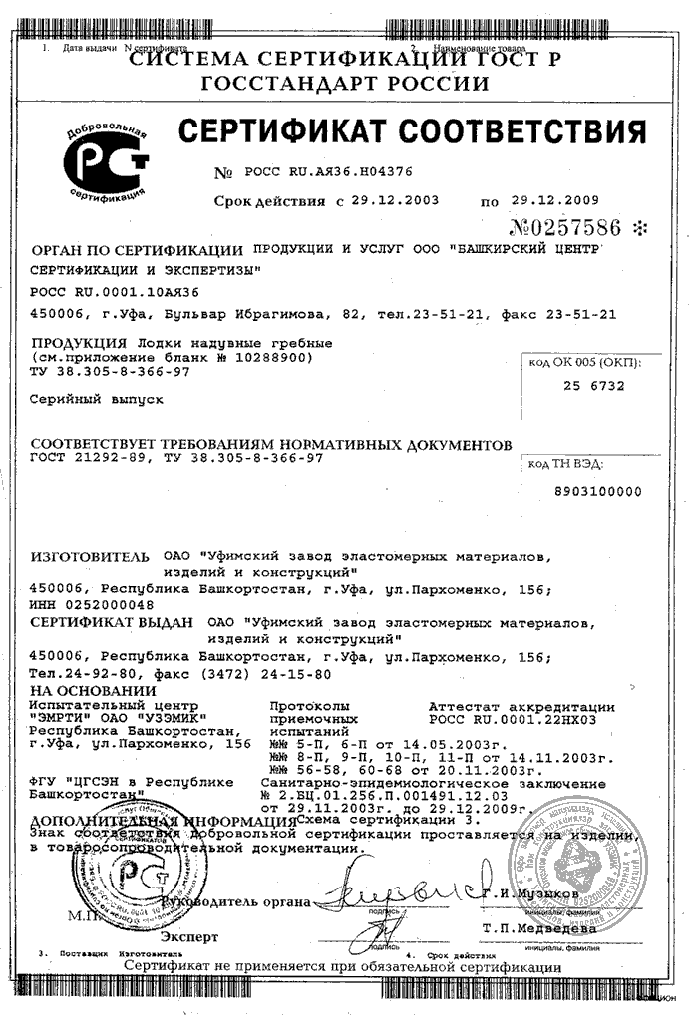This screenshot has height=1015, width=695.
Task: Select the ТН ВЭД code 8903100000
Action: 597,490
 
